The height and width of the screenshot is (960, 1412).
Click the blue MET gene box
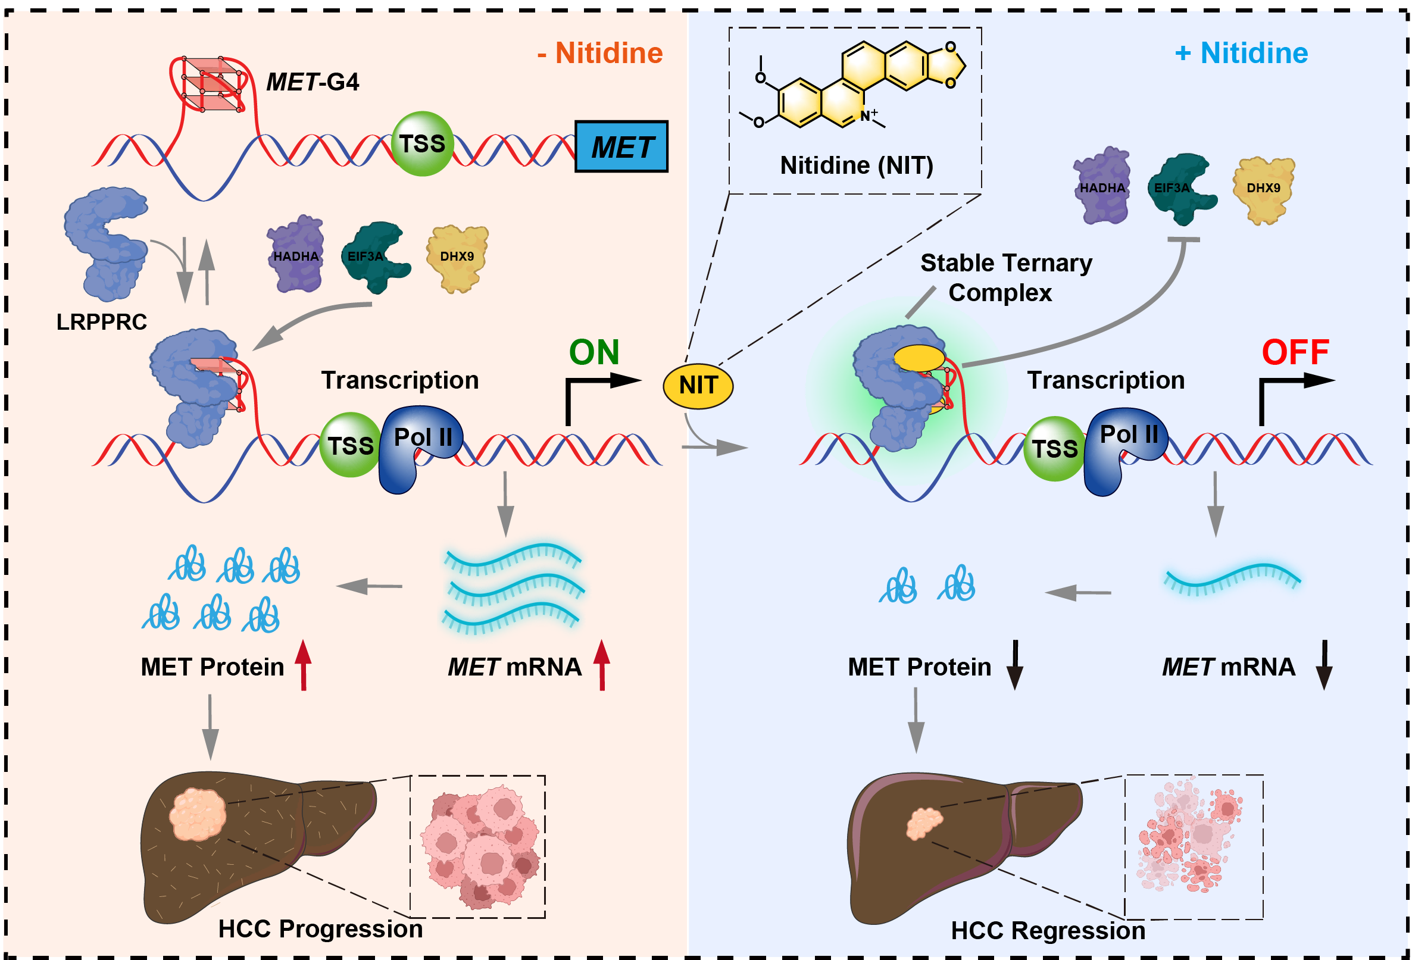(621, 146)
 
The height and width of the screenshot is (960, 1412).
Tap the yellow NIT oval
(698, 386)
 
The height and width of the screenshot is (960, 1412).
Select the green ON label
(593, 352)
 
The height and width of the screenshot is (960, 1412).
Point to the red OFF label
(1295, 352)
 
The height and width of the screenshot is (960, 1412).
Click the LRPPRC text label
(101, 322)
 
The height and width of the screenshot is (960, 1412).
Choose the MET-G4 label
(313, 82)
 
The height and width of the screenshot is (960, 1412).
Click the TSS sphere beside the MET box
(422, 144)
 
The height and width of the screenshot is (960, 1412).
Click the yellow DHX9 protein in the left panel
(458, 258)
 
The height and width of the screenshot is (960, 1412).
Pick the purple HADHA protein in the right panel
(1101, 186)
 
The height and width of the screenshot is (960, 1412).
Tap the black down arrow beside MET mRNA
(1324, 665)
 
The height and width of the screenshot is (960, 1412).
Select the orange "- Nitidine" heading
(599, 53)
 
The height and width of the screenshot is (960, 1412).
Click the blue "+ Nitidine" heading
(1241, 53)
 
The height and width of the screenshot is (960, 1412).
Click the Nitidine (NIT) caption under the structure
(857, 165)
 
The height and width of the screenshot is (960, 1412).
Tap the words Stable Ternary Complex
(1005, 278)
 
